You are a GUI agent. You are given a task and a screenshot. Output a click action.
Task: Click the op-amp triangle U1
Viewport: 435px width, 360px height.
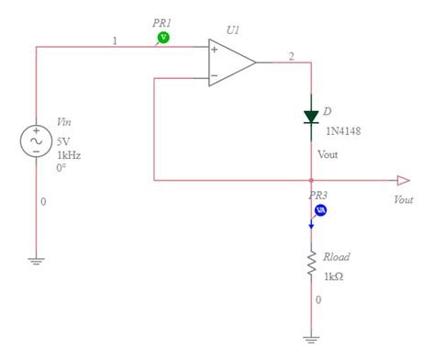click(229, 63)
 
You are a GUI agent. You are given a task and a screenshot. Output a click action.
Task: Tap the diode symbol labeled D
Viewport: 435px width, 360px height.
click(312, 117)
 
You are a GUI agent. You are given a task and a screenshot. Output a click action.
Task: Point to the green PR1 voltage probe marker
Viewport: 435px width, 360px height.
click(163, 37)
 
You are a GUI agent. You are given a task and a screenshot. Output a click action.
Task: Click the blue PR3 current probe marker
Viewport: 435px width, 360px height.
click(320, 211)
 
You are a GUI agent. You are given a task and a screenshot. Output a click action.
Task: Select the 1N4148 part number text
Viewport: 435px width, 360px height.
click(342, 131)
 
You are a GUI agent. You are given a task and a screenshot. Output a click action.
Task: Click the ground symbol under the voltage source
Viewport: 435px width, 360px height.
click(36, 260)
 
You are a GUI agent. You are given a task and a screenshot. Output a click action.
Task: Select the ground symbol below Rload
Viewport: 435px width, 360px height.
click(312, 338)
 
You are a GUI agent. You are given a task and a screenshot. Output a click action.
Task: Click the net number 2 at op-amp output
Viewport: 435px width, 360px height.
click(291, 57)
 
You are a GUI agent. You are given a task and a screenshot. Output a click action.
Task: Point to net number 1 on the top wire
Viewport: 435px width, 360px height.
click(115, 40)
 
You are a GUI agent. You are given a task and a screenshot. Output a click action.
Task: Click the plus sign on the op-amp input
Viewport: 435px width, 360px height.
click(214, 50)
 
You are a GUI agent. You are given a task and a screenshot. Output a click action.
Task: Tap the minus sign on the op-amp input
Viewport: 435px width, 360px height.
click(214, 76)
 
